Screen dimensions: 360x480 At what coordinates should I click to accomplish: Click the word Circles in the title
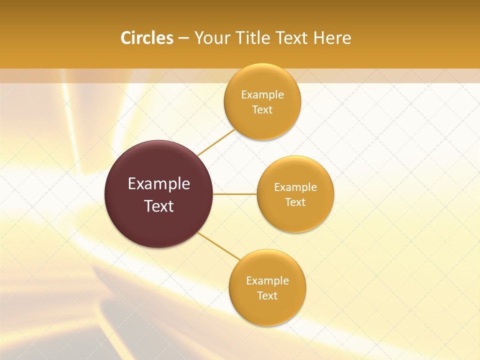(x=147, y=38)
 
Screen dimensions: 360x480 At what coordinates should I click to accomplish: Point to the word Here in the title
(x=332, y=38)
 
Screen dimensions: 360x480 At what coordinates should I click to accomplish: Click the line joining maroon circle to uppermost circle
(x=216, y=142)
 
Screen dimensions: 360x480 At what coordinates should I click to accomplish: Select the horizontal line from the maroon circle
(x=234, y=194)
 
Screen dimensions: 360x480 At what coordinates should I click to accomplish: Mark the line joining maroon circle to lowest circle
(x=219, y=247)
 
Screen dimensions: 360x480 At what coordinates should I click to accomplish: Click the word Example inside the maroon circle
(x=159, y=184)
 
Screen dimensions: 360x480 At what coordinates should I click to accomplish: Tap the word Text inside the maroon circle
(x=159, y=206)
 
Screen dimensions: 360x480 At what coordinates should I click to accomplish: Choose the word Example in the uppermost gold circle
(x=262, y=95)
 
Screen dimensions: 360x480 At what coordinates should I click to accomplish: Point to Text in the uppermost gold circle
(x=262, y=110)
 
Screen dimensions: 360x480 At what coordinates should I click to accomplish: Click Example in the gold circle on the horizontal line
(x=295, y=187)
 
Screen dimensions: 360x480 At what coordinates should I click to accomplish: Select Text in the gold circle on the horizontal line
(x=295, y=202)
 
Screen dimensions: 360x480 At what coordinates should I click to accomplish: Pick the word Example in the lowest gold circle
(x=267, y=281)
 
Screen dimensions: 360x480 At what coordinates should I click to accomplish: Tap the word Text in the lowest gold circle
(x=267, y=296)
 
